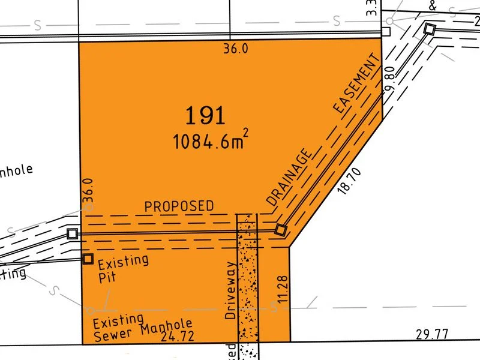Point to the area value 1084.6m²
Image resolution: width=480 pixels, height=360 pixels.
point(209,142)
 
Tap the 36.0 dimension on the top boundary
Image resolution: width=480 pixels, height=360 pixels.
point(236,50)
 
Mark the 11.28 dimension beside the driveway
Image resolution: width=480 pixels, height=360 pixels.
point(284,289)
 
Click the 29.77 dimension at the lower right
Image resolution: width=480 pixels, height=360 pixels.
point(431,334)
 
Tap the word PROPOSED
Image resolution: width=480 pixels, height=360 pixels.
point(179,206)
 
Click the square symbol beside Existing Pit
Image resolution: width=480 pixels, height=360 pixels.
point(88,259)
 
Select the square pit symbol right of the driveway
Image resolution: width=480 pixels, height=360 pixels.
point(281,230)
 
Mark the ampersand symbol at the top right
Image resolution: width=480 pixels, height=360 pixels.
point(433,6)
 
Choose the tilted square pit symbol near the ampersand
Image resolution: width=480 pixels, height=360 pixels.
point(429,28)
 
